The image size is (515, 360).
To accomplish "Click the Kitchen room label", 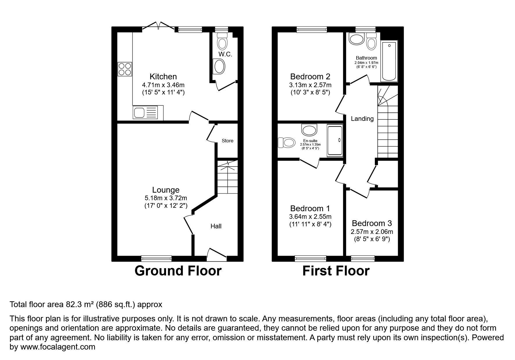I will pyautogui.click(x=163, y=77).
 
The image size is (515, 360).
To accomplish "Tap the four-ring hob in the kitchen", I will pyautogui.click(x=124, y=69).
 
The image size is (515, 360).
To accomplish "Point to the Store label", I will pyautogui.click(x=227, y=141).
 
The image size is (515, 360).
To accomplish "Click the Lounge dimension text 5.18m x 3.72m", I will pyautogui.click(x=166, y=198).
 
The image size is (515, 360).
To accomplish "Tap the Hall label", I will pyautogui.click(x=216, y=226).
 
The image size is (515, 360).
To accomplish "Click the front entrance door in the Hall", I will pyautogui.click(x=217, y=253).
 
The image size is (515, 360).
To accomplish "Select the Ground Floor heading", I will pyautogui.click(x=178, y=271).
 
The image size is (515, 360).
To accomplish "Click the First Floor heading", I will pyautogui.click(x=336, y=271).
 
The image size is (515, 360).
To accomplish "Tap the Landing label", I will pyautogui.click(x=362, y=119).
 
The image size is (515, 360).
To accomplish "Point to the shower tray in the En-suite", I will pyautogui.click(x=335, y=140).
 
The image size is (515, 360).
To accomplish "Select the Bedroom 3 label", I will pyautogui.click(x=372, y=223).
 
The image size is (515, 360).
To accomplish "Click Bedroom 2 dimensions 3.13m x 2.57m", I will pyautogui.click(x=310, y=85).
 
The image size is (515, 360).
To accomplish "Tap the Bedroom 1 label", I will pyautogui.click(x=310, y=208).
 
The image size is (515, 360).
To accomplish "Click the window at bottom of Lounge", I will pyautogui.click(x=156, y=258).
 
